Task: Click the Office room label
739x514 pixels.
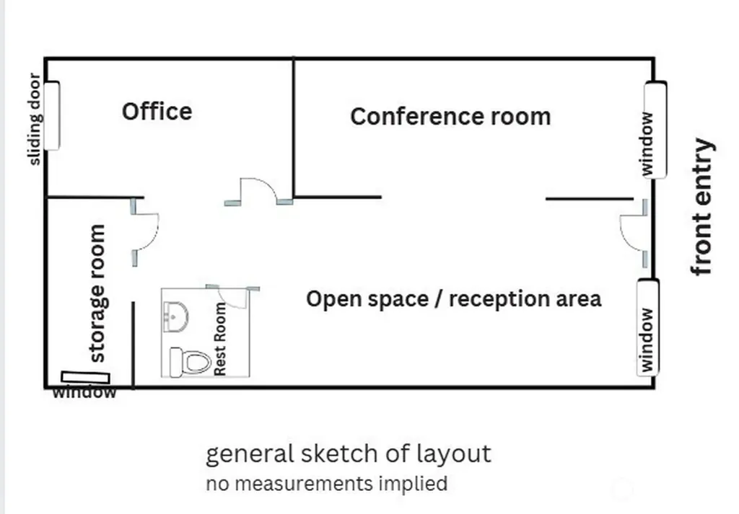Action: coord(157,112)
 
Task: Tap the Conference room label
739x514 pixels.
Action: coord(450,116)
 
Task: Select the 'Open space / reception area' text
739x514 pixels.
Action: coord(453,299)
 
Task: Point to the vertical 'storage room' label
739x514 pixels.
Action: coord(97,293)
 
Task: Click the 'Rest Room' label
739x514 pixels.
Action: coord(220,339)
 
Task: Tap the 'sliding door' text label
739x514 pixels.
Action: coord(35,119)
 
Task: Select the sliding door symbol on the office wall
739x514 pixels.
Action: coord(52,116)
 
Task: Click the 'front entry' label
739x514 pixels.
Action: coord(702,207)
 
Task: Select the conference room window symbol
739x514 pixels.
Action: coord(655,130)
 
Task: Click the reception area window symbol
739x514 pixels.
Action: coord(648,327)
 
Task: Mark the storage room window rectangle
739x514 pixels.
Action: coord(85,377)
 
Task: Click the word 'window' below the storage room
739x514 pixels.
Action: coord(84,392)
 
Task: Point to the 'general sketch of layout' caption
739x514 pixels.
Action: coord(349,454)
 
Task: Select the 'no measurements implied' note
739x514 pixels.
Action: coord(327,484)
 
